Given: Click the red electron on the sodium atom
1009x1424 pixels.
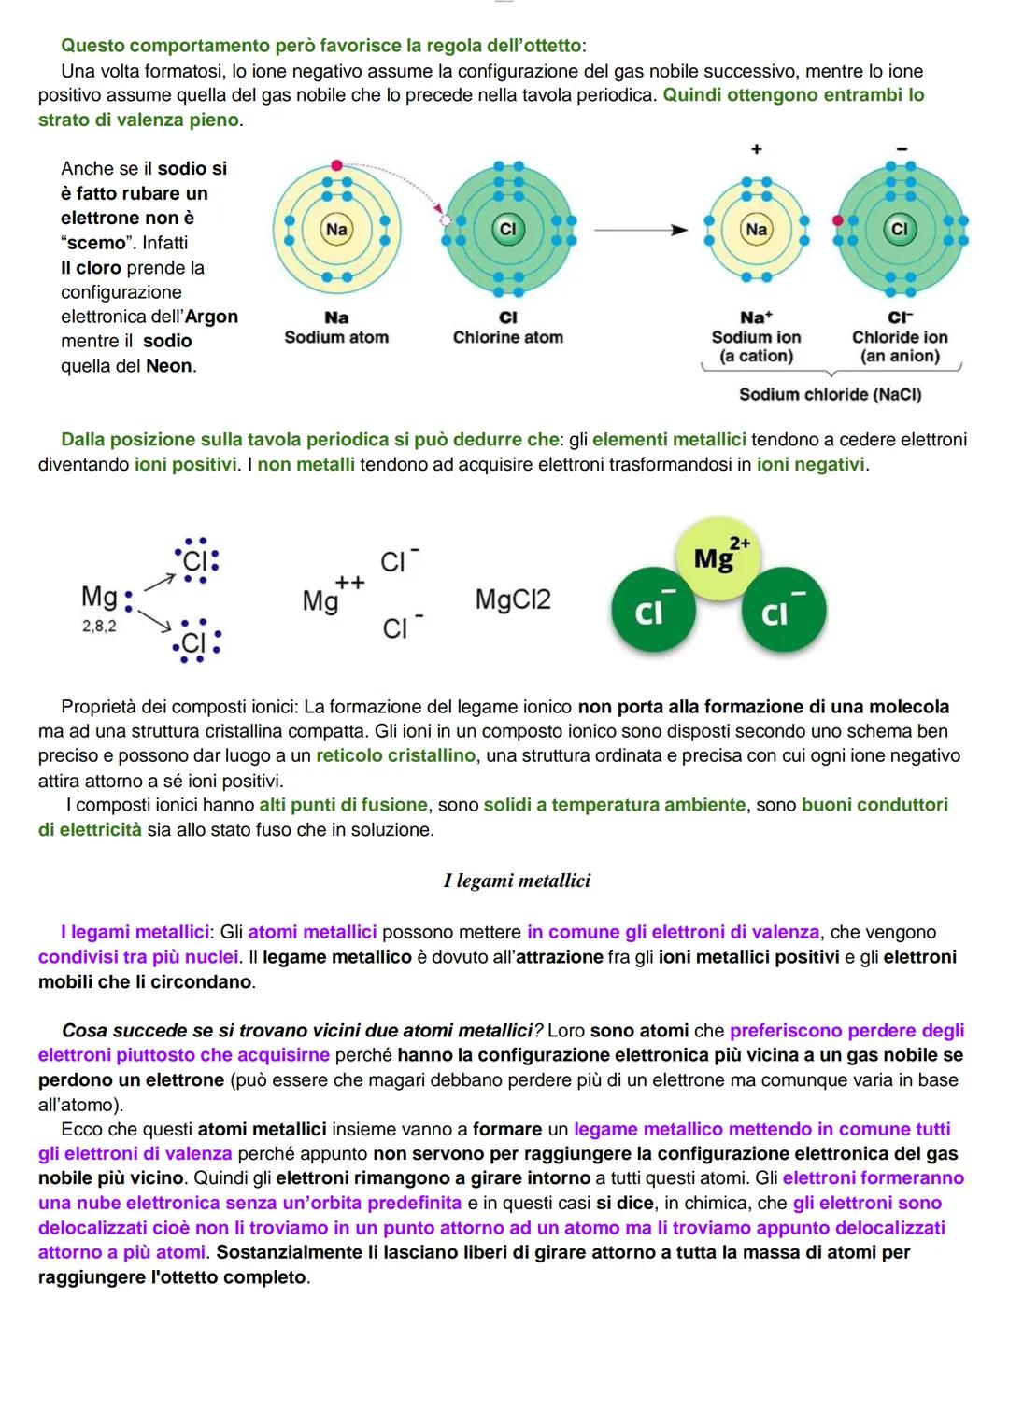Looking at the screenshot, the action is pos(336,166).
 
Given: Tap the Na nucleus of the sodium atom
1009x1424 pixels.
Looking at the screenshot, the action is pos(336,229).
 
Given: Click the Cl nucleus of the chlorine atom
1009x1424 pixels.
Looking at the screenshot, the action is pos(507,229).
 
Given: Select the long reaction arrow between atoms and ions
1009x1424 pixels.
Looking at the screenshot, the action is pos(641,230).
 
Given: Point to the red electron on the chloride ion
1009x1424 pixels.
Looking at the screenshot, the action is pos(838,220).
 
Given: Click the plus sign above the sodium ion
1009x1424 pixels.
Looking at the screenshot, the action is pos(757,149).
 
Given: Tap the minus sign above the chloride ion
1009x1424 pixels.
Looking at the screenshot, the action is pos(902,149).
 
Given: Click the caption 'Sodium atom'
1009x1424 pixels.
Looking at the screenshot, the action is pos(336,337).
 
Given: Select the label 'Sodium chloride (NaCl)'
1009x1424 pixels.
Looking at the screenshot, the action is pos(831,395).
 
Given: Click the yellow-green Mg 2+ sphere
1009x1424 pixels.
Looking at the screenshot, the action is pos(718,558).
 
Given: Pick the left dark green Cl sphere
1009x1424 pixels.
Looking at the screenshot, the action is pos(653,610).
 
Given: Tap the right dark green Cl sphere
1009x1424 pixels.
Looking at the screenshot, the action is pos(784,610).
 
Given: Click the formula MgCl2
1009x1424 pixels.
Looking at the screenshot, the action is pos(513,599).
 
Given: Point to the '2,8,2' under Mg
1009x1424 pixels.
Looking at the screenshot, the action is pos(99,627).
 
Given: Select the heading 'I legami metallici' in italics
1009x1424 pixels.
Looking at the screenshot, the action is pos(518,881).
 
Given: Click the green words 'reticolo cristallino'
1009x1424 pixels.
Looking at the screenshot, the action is pos(396,755).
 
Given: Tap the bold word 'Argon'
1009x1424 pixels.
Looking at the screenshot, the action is pos(211,317).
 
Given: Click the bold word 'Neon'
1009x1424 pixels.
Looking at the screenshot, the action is pos(169,366).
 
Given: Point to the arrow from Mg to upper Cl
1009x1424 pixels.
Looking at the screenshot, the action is pos(160,583).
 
